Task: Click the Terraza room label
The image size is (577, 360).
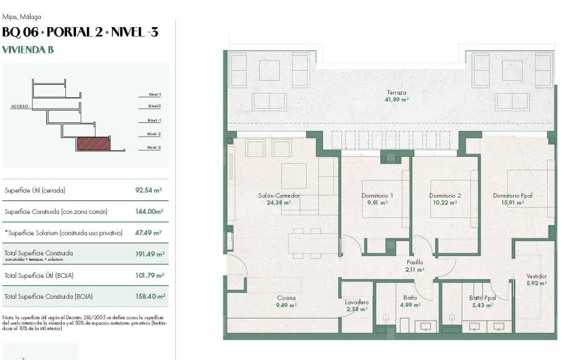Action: pyautogui.click(x=396, y=92)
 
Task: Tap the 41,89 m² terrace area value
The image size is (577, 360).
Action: pyautogui.click(x=396, y=100)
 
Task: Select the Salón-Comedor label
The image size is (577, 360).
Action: pyautogui.click(x=279, y=196)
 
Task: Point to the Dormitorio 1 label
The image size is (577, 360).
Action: pyautogui.click(x=377, y=196)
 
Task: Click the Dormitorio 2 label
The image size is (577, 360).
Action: pyautogui.click(x=445, y=196)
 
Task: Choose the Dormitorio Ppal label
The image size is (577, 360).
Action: pyautogui.click(x=513, y=196)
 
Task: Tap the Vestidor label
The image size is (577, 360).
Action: pyautogui.click(x=536, y=276)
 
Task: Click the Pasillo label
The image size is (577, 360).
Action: pyautogui.click(x=415, y=262)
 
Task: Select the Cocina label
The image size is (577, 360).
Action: pyautogui.click(x=286, y=298)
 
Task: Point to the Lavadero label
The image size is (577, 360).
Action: pyautogui.click(x=356, y=302)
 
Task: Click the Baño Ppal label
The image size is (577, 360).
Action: pyautogui.click(x=483, y=298)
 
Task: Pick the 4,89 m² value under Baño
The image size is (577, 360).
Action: pyautogui.click(x=409, y=306)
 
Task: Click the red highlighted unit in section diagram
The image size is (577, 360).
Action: pyautogui.click(x=93, y=144)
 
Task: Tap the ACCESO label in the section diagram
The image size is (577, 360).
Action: pyautogui.click(x=20, y=107)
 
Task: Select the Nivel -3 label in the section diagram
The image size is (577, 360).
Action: pyautogui.click(x=153, y=147)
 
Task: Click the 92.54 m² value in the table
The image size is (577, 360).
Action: pyautogui.click(x=148, y=190)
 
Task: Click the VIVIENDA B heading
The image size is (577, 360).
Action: pyautogui.click(x=28, y=49)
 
